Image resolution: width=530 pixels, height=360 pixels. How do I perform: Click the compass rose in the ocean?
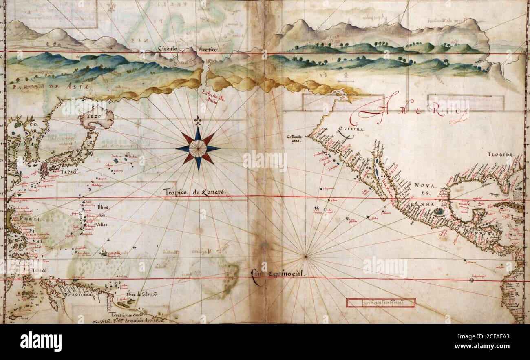[x=198, y=148]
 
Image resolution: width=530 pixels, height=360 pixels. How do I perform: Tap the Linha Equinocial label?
[x=278, y=274]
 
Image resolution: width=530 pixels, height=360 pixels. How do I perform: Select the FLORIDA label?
[x=499, y=155]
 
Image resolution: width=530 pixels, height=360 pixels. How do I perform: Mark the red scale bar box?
[x=380, y=303]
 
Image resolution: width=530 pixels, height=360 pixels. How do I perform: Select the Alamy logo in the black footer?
[x=41, y=342]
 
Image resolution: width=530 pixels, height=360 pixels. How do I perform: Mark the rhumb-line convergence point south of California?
[x=305, y=256]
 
